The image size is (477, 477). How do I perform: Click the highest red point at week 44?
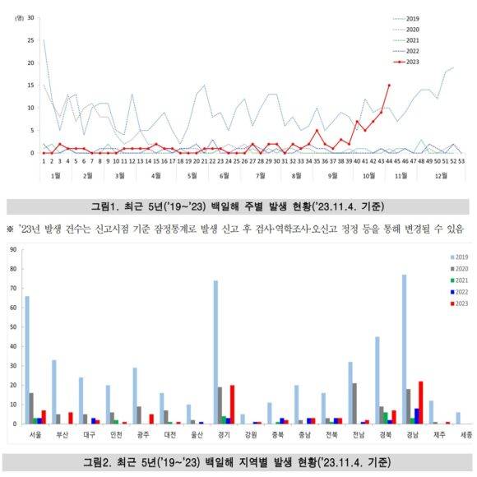(388, 85)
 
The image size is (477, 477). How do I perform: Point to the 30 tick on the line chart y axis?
(31, 17)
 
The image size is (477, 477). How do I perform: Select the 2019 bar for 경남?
(405, 350)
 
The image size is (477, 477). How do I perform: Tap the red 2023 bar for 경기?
(233, 405)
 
